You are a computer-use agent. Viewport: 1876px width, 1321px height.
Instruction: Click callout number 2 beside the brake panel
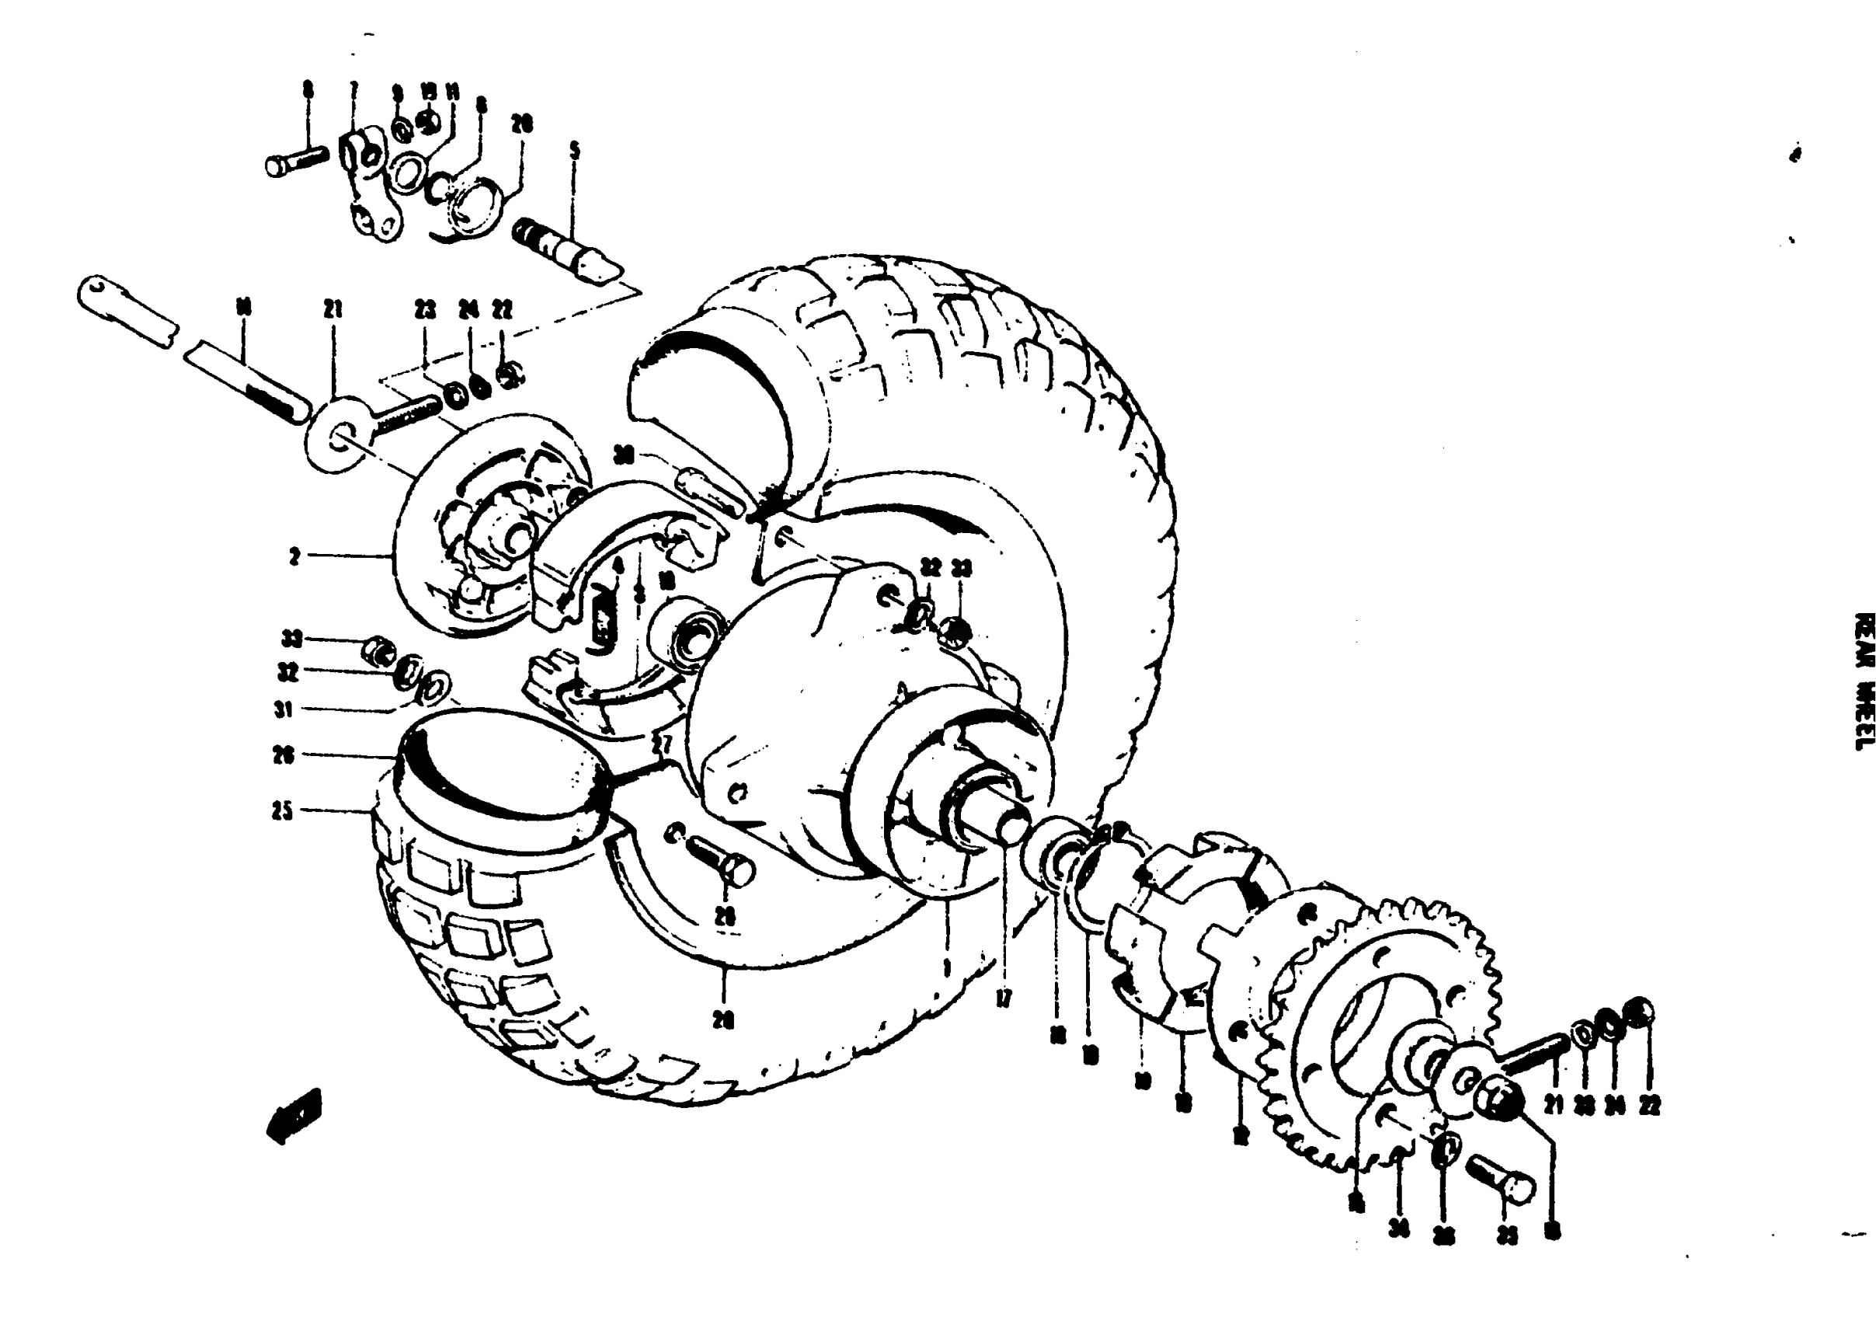(x=294, y=556)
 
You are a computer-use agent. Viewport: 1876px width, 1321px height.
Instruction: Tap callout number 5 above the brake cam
(x=574, y=150)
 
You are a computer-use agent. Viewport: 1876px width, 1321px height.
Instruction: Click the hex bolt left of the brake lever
(x=297, y=160)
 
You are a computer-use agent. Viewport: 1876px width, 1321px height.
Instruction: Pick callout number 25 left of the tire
(x=283, y=812)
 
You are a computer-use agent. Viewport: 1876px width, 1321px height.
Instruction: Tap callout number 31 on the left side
(x=283, y=709)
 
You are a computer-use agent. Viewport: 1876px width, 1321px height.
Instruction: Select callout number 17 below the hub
(x=1004, y=998)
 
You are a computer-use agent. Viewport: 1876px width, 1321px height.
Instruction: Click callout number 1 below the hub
(x=946, y=968)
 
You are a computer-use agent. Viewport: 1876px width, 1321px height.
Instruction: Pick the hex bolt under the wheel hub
(x=722, y=861)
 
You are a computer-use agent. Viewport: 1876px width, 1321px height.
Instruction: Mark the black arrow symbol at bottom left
(x=294, y=1115)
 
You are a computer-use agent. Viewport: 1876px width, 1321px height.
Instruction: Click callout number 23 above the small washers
(x=425, y=310)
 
